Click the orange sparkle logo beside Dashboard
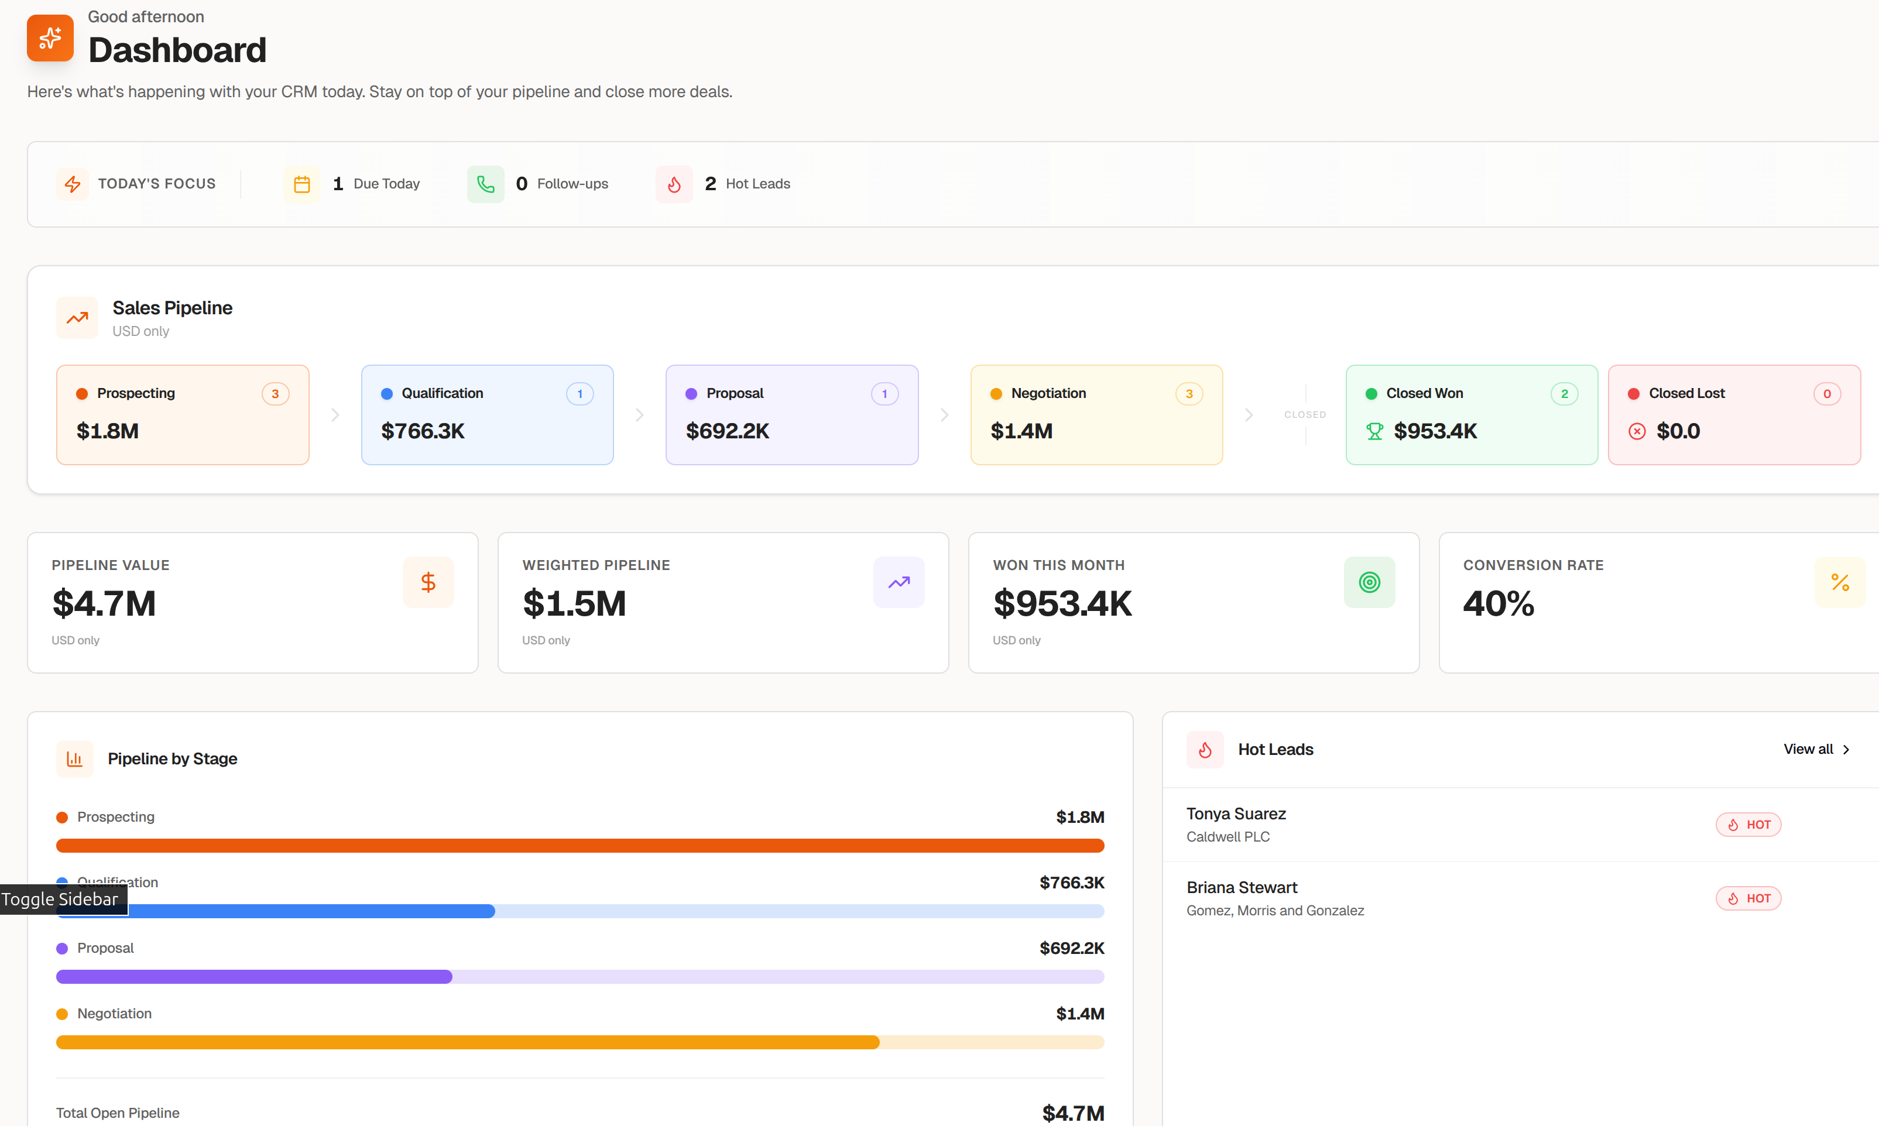[x=50, y=38]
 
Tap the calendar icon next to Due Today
[x=301, y=184]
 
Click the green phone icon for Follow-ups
[x=485, y=184]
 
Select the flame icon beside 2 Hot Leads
[x=674, y=184]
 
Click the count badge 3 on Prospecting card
[x=275, y=394]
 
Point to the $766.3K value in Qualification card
[x=423, y=431]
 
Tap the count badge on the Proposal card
[x=884, y=394]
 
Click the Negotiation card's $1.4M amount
[x=1021, y=431]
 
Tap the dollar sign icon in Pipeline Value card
[x=428, y=582]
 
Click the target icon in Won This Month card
[x=1369, y=582]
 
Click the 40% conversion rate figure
[x=1498, y=604]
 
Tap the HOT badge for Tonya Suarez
[x=1748, y=825]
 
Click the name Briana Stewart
[x=1242, y=887]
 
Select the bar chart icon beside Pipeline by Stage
[x=74, y=758]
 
